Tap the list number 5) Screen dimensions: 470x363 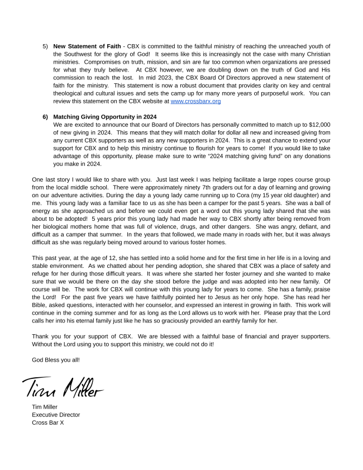coord(46,46)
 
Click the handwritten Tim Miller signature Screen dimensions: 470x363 coord(63,385)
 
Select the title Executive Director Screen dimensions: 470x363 coord(56,415)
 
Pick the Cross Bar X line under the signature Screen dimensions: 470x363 coord(48,422)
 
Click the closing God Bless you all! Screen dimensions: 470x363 coord(56,359)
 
